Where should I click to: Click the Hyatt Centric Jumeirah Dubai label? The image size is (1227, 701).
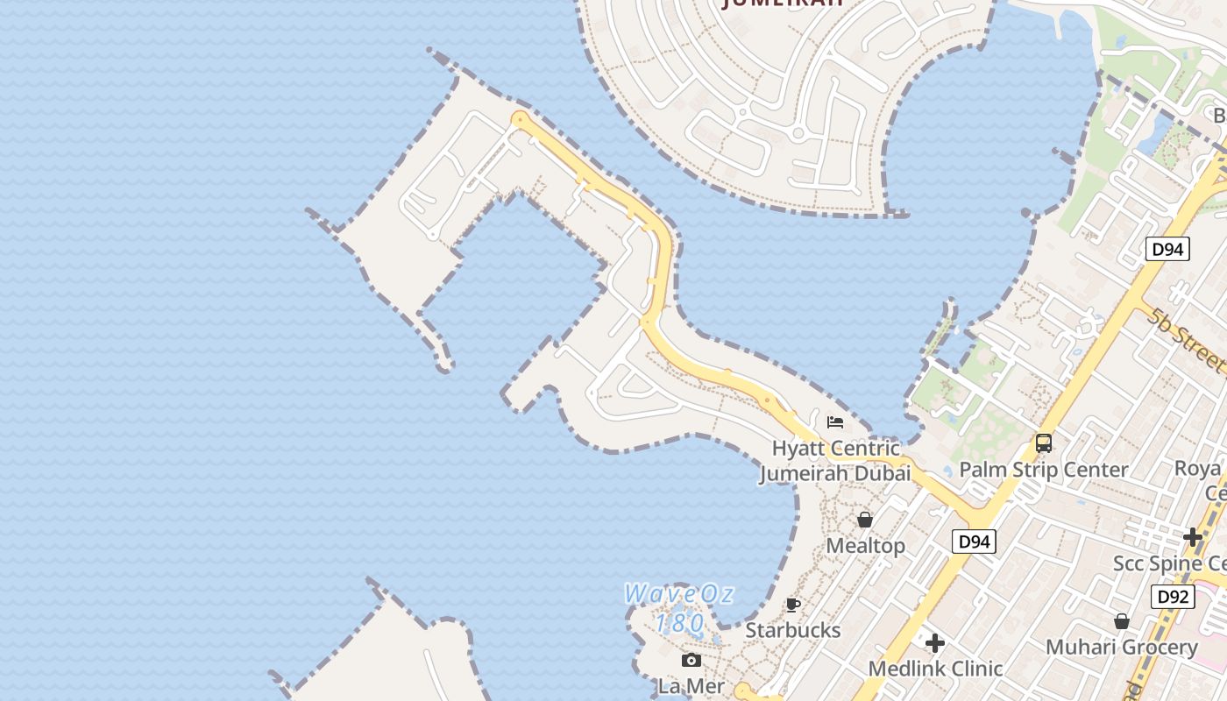(834, 461)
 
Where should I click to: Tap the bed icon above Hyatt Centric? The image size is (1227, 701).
(835, 422)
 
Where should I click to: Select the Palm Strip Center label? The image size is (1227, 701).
(1043, 470)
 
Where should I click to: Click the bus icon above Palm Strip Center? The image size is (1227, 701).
(1043, 443)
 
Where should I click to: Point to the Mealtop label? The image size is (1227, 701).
(866, 546)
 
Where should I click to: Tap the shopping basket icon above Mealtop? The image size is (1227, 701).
(865, 520)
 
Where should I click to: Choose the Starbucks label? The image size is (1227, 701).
(792, 630)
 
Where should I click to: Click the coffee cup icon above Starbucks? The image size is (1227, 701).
(792, 605)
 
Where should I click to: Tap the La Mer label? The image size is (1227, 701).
(692, 686)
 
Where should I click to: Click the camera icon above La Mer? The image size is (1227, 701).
(692, 661)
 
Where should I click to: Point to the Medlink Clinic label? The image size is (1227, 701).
(935, 669)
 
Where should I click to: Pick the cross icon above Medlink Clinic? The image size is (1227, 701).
(935, 643)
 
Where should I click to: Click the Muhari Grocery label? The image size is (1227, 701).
(1121, 648)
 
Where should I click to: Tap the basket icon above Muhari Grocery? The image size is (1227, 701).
(1121, 621)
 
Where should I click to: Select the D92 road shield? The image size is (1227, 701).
(1173, 598)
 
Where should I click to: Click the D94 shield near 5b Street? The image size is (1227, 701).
(1167, 250)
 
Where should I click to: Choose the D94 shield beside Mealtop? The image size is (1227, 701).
(974, 542)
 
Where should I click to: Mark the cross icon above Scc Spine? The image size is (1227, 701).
(1192, 537)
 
